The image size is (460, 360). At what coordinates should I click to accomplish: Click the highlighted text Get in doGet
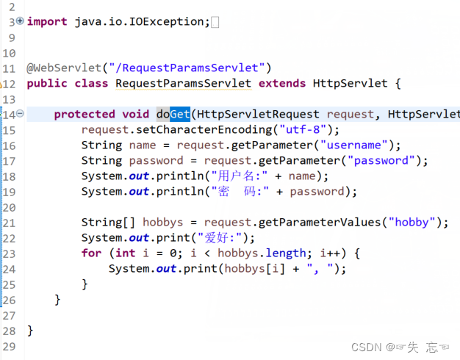point(180,114)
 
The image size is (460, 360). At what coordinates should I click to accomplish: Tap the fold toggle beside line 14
point(21,114)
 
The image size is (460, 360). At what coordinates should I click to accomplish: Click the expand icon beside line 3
point(20,21)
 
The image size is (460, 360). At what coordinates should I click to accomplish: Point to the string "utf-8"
point(303,129)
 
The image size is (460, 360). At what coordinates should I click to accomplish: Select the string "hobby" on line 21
point(415,222)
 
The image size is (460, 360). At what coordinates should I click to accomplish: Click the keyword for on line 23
point(91,253)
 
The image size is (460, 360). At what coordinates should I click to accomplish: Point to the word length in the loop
point(286,253)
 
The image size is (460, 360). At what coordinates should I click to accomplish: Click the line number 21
point(10,222)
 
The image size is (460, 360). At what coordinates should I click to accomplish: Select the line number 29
point(10,345)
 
